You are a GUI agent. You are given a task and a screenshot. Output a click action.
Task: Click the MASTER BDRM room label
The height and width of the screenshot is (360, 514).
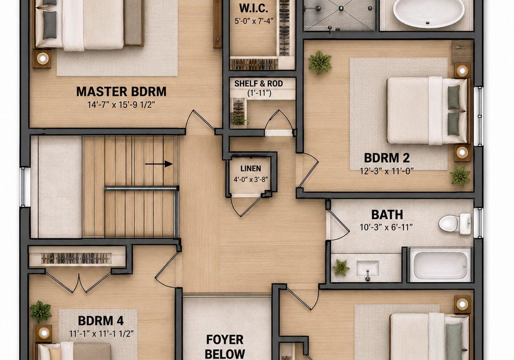click(122, 92)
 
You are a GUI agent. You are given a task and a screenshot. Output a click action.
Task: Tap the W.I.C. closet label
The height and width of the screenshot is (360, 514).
click(253, 8)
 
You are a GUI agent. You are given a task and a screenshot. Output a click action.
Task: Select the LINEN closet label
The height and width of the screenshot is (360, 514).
click(251, 169)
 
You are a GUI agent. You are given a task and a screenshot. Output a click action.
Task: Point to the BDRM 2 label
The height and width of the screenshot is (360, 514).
click(387, 158)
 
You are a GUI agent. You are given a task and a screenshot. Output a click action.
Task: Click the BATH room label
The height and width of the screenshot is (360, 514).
click(387, 215)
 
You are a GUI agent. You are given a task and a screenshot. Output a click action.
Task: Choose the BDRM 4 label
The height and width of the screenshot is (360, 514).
click(101, 320)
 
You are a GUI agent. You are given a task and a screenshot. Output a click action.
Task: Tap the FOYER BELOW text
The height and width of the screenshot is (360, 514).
click(225, 347)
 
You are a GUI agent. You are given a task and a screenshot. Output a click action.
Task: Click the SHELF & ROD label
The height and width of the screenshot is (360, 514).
click(259, 84)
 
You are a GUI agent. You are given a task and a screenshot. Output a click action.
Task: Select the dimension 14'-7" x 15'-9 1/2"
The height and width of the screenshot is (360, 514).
click(121, 105)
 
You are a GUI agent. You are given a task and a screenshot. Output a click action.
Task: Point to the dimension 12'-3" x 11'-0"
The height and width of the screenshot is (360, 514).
click(387, 171)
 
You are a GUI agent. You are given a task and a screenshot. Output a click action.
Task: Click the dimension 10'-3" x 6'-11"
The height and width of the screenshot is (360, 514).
click(386, 227)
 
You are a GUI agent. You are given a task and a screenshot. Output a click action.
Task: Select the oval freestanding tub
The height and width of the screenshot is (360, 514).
click(428, 12)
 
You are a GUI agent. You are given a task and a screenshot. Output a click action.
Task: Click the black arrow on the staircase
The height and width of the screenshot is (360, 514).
click(159, 163)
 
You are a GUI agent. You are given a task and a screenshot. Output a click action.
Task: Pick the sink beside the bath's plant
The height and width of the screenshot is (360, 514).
click(367, 269)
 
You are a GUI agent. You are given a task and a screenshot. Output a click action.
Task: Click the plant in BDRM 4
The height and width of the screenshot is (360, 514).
click(41, 311)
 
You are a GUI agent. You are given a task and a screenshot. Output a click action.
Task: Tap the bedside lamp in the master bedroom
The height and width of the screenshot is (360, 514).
click(42, 59)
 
